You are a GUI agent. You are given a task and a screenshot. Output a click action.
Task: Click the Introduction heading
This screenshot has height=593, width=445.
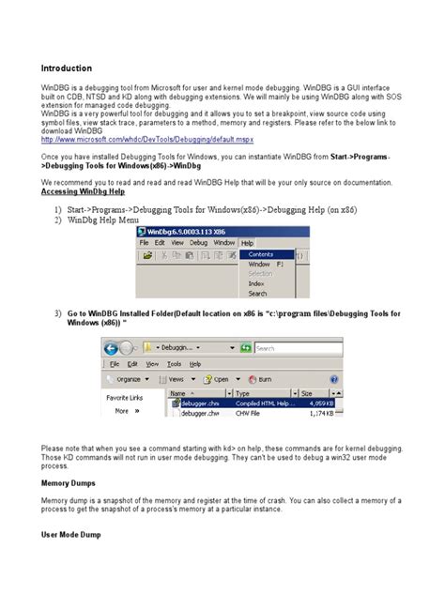[x=66, y=68]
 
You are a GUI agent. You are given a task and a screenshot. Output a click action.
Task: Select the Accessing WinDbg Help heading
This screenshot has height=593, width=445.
[x=84, y=190]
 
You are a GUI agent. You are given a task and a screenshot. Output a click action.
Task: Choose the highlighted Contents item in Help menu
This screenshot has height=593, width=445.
[x=261, y=253]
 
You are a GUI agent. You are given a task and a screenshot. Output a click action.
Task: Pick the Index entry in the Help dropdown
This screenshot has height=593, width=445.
[x=256, y=282]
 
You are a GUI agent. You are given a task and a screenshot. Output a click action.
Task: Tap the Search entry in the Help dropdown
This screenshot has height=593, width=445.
[x=258, y=294]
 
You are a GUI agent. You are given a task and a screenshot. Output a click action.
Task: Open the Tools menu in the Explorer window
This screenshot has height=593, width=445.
[x=174, y=363]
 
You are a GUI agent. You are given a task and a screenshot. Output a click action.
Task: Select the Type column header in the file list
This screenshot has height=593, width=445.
[x=243, y=394]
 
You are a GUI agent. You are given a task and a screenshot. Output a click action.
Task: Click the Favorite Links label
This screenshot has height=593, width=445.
[x=124, y=397]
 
